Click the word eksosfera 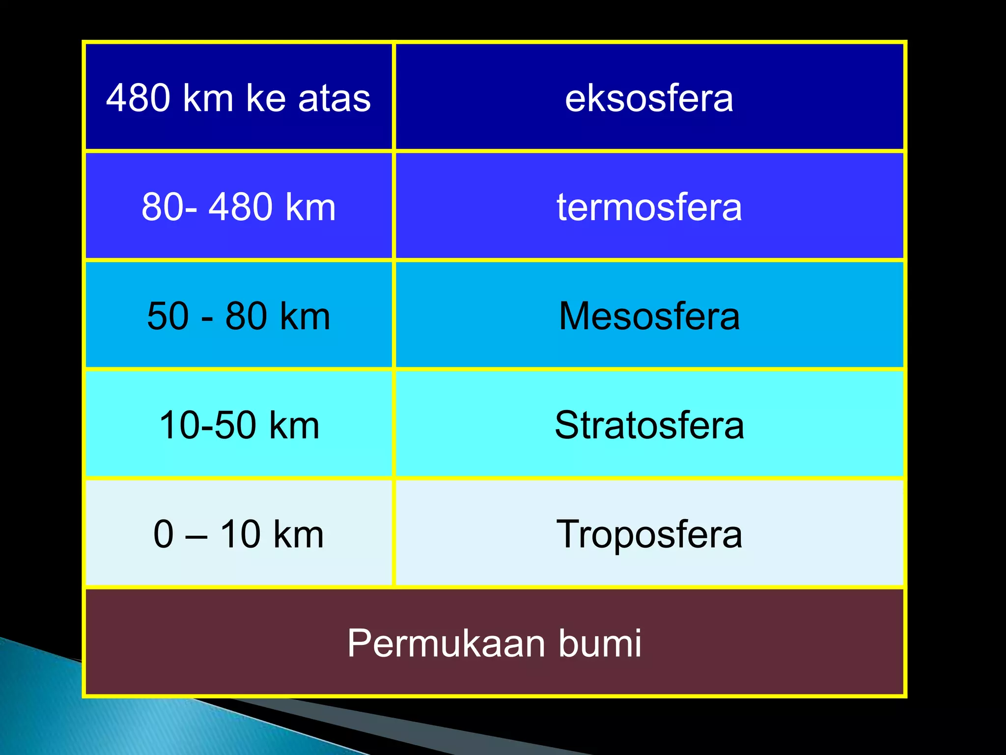(x=649, y=98)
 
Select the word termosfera (x=649, y=207)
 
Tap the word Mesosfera (x=649, y=316)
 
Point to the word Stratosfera (x=649, y=425)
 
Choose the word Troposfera (x=649, y=534)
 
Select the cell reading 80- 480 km (x=239, y=207)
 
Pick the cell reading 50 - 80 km (x=239, y=316)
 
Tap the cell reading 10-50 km (x=239, y=425)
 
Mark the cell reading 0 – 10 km (x=239, y=534)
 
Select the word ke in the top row (x=266, y=98)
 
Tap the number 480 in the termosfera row (x=240, y=207)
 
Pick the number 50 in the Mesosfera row (x=168, y=316)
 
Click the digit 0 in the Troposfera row (x=164, y=534)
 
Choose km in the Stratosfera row (x=295, y=425)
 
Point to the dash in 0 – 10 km (x=196, y=536)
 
